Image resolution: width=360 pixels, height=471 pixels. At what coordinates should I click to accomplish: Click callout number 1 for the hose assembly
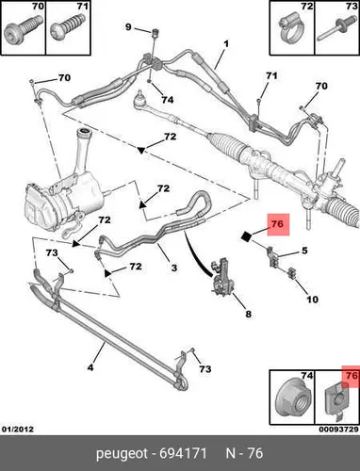click(x=226, y=43)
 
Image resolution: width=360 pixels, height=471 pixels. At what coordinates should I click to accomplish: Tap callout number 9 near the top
click(x=128, y=27)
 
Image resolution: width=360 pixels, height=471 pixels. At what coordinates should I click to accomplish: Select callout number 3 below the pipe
click(x=174, y=268)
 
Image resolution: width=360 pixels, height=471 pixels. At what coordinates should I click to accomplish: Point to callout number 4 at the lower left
click(x=90, y=367)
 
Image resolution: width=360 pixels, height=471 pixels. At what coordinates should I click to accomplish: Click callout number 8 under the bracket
click(x=304, y=251)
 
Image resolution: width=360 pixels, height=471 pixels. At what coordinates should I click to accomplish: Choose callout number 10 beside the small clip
click(x=312, y=300)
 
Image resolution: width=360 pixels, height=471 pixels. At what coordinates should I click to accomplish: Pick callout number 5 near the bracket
click(x=304, y=251)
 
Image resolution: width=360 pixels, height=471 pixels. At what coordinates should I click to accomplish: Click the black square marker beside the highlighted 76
click(x=247, y=236)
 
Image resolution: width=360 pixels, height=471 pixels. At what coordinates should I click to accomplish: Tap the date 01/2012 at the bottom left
click(x=18, y=429)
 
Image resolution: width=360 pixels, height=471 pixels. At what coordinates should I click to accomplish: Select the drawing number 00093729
click(x=339, y=429)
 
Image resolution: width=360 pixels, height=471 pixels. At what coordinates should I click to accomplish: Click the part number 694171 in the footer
click(x=183, y=453)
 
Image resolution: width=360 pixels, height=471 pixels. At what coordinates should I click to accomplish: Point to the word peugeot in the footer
click(x=122, y=454)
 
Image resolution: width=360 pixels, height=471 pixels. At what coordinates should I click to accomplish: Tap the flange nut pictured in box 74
click(x=291, y=400)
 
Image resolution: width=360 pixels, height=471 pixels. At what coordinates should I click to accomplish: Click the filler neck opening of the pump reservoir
click(x=85, y=131)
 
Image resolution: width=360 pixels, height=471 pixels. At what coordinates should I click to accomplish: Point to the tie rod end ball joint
click(x=138, y=99)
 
